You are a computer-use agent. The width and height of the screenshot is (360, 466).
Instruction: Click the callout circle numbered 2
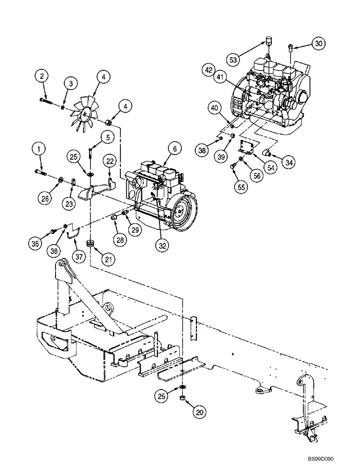42,75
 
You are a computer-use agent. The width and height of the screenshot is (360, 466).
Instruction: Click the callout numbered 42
209,70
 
